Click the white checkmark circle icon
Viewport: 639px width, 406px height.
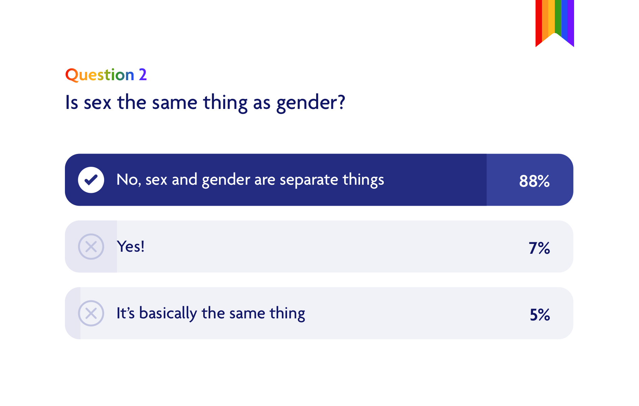click(x=91, y=180)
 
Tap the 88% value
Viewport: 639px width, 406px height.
click(x=534, y=181)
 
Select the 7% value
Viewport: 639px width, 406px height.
click(x=539, y=248)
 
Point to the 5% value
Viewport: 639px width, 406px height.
click(x=540, y=315)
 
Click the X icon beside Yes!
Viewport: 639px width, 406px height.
click(x=91, y=247)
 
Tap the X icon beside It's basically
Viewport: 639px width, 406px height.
click(x=91, y=313)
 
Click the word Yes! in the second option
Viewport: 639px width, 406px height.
click(x=131, y=247)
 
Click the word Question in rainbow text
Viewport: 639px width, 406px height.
click(x=100, y=75)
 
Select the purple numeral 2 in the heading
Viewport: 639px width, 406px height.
click(x=143, y=75)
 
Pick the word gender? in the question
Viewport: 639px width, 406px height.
click(x=310, y=103)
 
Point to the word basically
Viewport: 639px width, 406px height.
click(x=168, y=313)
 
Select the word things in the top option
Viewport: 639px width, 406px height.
click(x=363, y=180)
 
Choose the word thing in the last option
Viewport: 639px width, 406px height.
click(x=287, y=313)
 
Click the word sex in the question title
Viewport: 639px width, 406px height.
click(x=97, y=103)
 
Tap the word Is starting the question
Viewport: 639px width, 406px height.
click(x=72, y=103)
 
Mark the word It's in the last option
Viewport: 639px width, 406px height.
click(x=125, y=313)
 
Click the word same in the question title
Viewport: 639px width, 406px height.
click(x=174, y=103)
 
